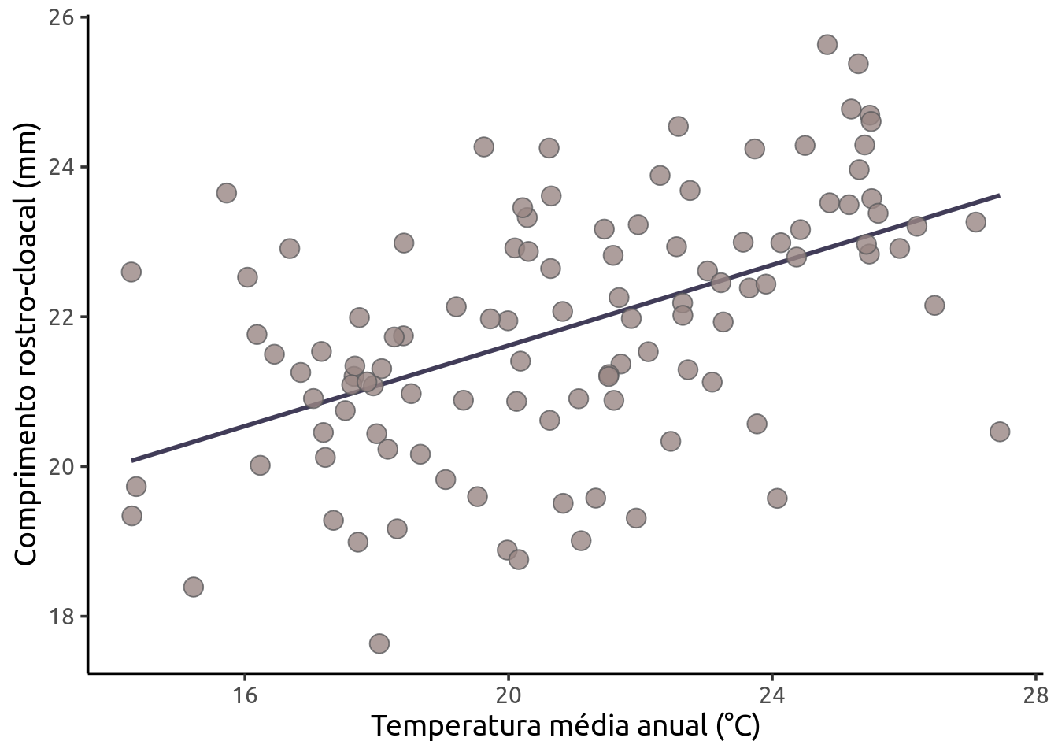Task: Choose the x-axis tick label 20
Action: pos(509,695)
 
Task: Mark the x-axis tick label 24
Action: pos(772,695)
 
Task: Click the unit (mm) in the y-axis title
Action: pos(26,156)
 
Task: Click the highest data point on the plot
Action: pos(827,44)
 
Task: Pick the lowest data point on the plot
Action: pos(379,643)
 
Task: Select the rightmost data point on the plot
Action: pos(1000,432)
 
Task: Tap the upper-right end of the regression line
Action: pos(999,195)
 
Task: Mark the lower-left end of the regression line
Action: pos(132,460)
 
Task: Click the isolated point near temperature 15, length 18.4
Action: pos(193,587)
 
